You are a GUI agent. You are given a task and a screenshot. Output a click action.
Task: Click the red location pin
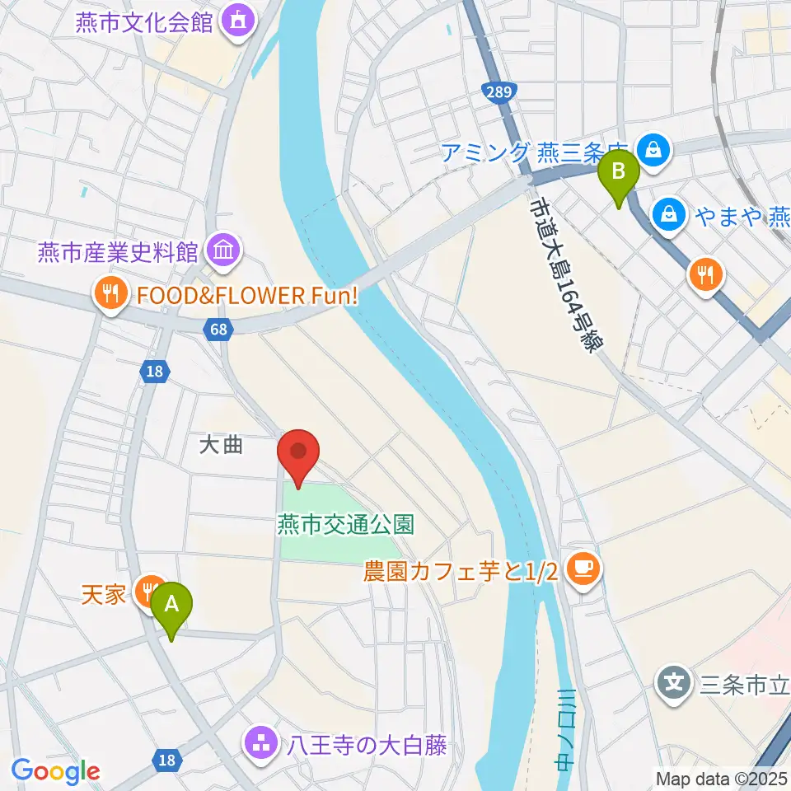click(297, 456)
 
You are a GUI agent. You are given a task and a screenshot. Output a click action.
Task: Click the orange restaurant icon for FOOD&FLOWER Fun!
click(110, 291)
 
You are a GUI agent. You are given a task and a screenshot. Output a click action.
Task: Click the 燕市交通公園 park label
click(345, 523)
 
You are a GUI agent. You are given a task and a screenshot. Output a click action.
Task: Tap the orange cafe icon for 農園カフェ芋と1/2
click(584, 569)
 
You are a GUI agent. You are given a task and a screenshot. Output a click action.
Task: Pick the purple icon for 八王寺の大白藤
click(262, 744)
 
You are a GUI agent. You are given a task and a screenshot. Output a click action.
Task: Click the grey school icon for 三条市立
click(675, 682)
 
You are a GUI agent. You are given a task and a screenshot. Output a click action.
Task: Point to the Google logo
click(55, 770)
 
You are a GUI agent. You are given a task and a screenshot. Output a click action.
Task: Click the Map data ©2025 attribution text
click(721, 777)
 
